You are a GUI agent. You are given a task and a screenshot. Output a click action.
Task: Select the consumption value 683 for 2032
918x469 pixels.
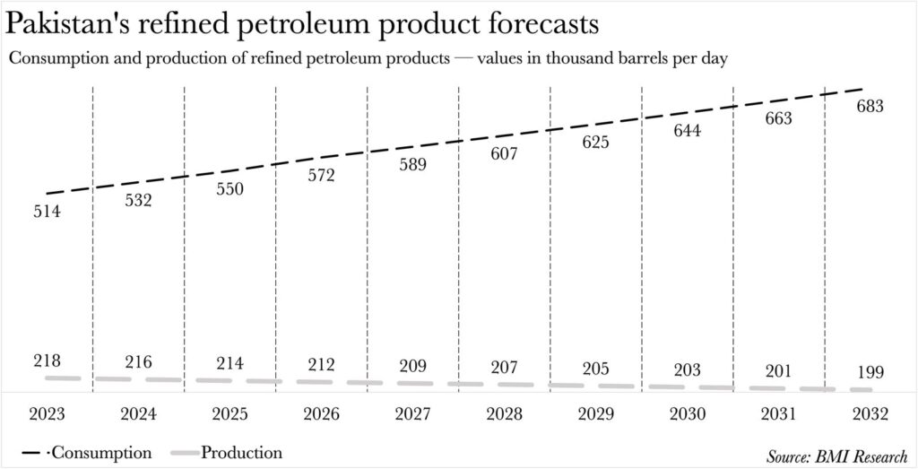[870, 106]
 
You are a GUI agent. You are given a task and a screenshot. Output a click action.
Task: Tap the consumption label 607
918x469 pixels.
[504, 153]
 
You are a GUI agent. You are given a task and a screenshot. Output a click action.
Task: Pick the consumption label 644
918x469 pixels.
[687, 131]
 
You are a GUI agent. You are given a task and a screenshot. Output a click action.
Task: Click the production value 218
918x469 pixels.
[46, 360]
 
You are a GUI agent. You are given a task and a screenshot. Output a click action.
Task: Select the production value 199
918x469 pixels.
[870, 372]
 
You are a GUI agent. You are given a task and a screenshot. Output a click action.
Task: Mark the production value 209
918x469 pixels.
[412, 366]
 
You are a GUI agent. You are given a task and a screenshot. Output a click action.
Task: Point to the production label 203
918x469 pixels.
[687, 369]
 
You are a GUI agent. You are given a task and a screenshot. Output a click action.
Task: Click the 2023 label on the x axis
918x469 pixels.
[46, 414]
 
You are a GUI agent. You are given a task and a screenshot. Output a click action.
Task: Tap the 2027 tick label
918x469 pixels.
[412, 414]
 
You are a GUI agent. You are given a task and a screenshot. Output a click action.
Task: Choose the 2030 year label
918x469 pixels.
[687, 414]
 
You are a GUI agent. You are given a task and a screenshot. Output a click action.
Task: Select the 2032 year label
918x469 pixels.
[870, 414]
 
